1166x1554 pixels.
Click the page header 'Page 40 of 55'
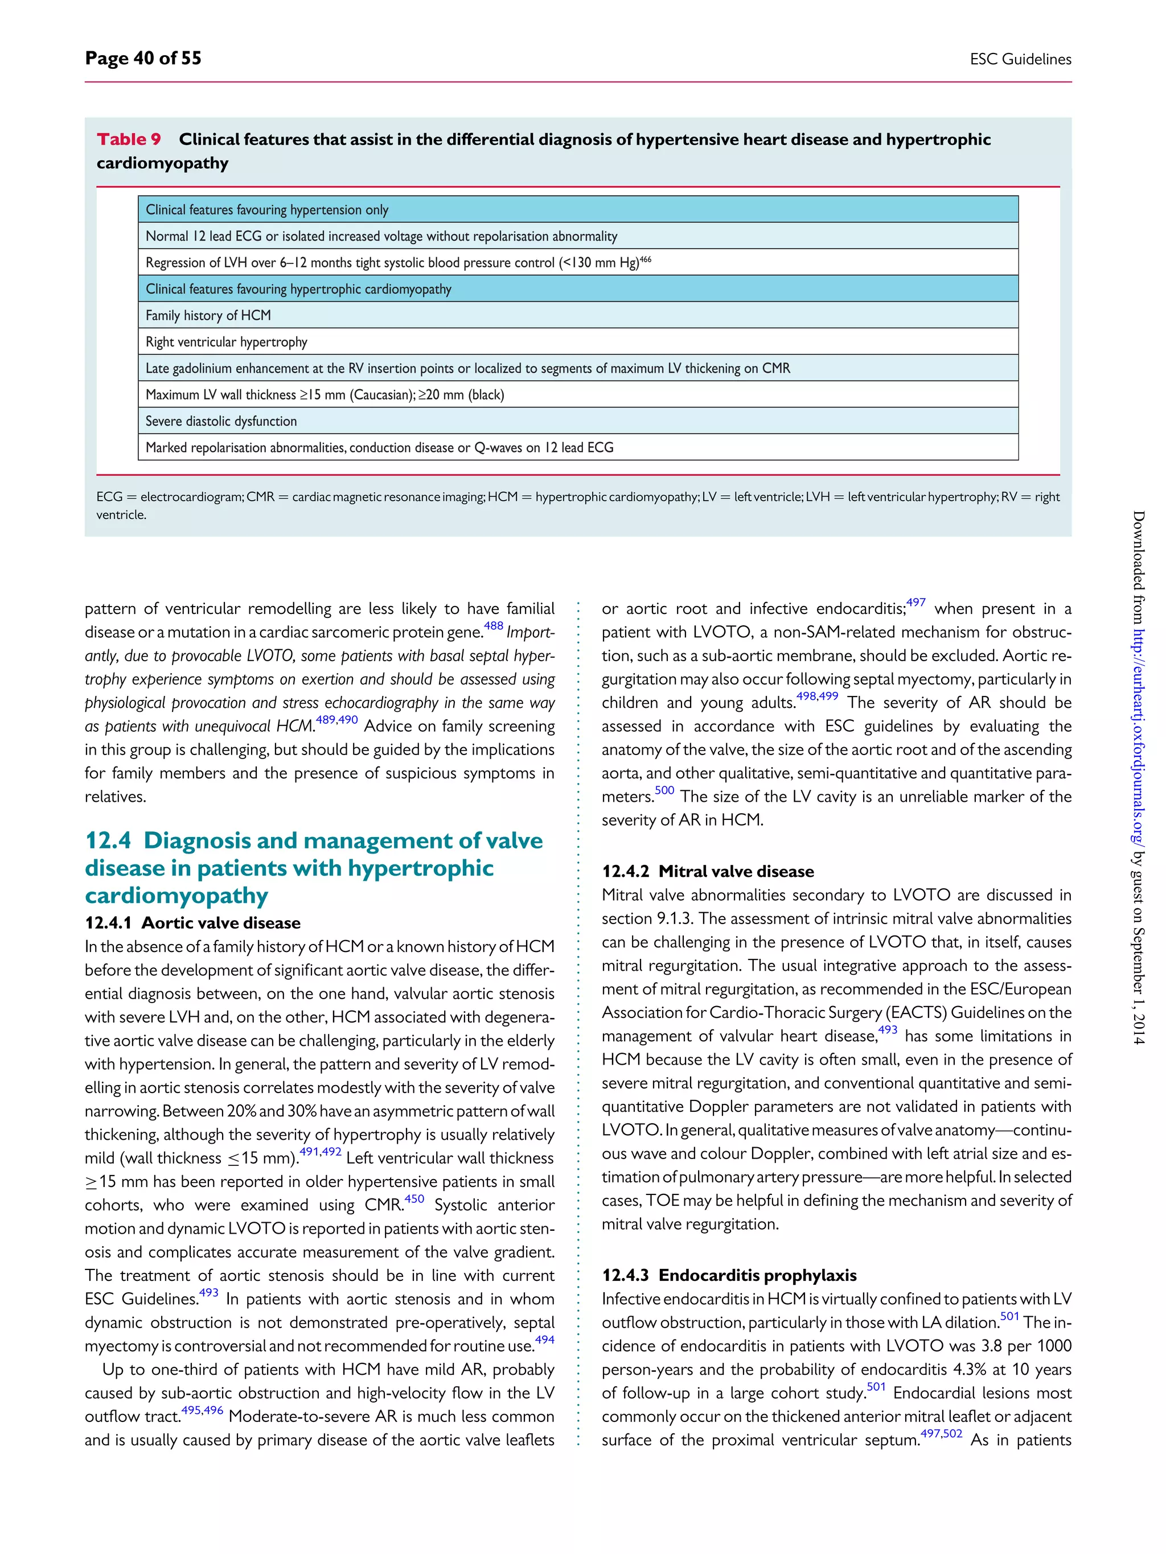pos(143,58)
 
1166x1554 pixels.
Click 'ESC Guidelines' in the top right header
pos(1020,59)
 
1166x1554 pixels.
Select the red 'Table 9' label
pos(129,139)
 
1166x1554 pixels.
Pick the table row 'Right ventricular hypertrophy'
pos(227,342)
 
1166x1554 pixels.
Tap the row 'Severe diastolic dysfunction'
pos(221,422)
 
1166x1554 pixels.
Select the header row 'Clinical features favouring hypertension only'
pos(266,210)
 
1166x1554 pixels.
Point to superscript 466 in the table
pos(645,259)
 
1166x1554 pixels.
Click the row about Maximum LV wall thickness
pos(324,395)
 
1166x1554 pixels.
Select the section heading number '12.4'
pos(108,840)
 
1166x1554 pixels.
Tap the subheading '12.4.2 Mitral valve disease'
pos(707,871)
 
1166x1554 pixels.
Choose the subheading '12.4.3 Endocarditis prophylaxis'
pos(728,1275)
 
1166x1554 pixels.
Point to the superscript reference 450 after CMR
pos(414,1198)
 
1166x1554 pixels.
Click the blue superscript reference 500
pos(664,790)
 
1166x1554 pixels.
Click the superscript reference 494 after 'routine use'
pos(545,1339)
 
